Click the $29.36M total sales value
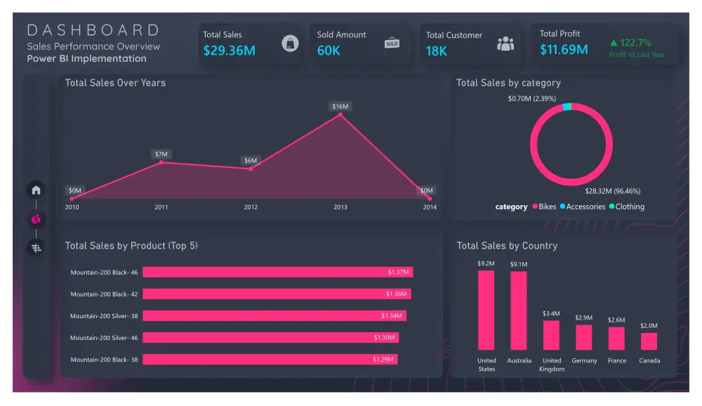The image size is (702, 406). coord(230,51)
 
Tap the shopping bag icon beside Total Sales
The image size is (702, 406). coord(290,44)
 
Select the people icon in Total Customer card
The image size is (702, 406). coord(505,44)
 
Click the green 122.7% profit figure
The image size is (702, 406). coord(630,43)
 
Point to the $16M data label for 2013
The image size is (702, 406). coord(340,106)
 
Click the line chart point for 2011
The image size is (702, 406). coord(161,162)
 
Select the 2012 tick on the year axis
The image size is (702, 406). coord(251,207)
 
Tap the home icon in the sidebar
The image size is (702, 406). coord(37,190)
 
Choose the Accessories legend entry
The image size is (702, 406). coord(583,207)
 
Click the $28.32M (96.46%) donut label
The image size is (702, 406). coord(612,191)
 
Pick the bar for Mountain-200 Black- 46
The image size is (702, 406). coord(277,272)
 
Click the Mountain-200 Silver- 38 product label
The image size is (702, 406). coord(104,316)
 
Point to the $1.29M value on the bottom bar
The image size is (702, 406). coord(383,360)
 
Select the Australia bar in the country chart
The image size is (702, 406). coord(519,310)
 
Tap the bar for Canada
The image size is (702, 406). coord(649,341)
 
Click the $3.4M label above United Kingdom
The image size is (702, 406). coord(551,314)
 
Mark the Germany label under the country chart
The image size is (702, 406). coord(584,361)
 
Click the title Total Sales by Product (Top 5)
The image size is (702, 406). coord(131,246)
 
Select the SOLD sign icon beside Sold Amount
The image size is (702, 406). coord(392,43)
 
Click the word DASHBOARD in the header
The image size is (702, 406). coord(93,30)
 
